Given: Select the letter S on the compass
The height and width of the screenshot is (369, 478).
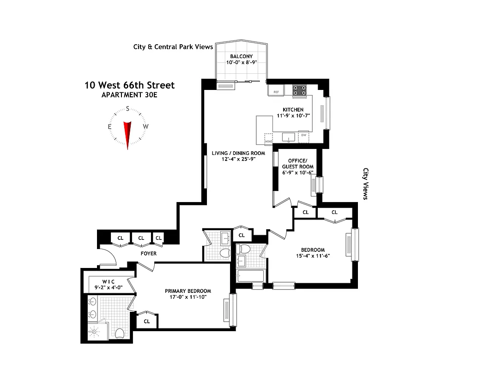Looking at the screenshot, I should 127,110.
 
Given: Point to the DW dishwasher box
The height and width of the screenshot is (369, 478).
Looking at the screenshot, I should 303,137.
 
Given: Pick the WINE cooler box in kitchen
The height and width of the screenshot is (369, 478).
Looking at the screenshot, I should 268,138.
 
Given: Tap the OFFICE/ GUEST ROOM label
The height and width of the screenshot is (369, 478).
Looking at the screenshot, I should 297,164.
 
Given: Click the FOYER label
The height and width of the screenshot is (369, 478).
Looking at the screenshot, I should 149,253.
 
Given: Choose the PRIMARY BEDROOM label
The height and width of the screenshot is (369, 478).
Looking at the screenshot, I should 188,291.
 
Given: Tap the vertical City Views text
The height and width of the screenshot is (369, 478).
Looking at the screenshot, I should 366,184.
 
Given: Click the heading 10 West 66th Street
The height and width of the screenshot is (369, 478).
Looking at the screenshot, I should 129,85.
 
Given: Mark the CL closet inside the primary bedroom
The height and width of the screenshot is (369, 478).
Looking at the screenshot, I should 147,321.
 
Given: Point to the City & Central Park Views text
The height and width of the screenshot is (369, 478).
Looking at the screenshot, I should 173,47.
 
